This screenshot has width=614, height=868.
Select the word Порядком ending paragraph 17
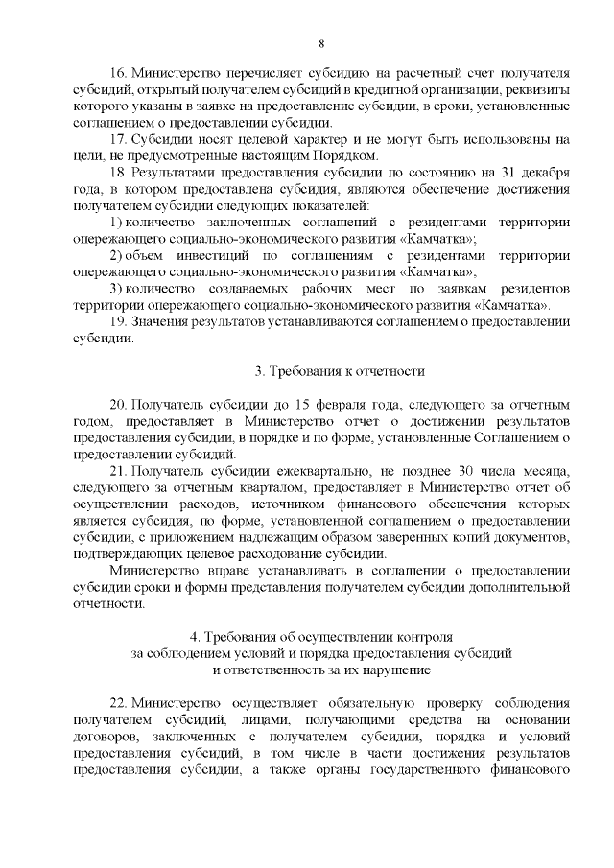click(x=350, y=156)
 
